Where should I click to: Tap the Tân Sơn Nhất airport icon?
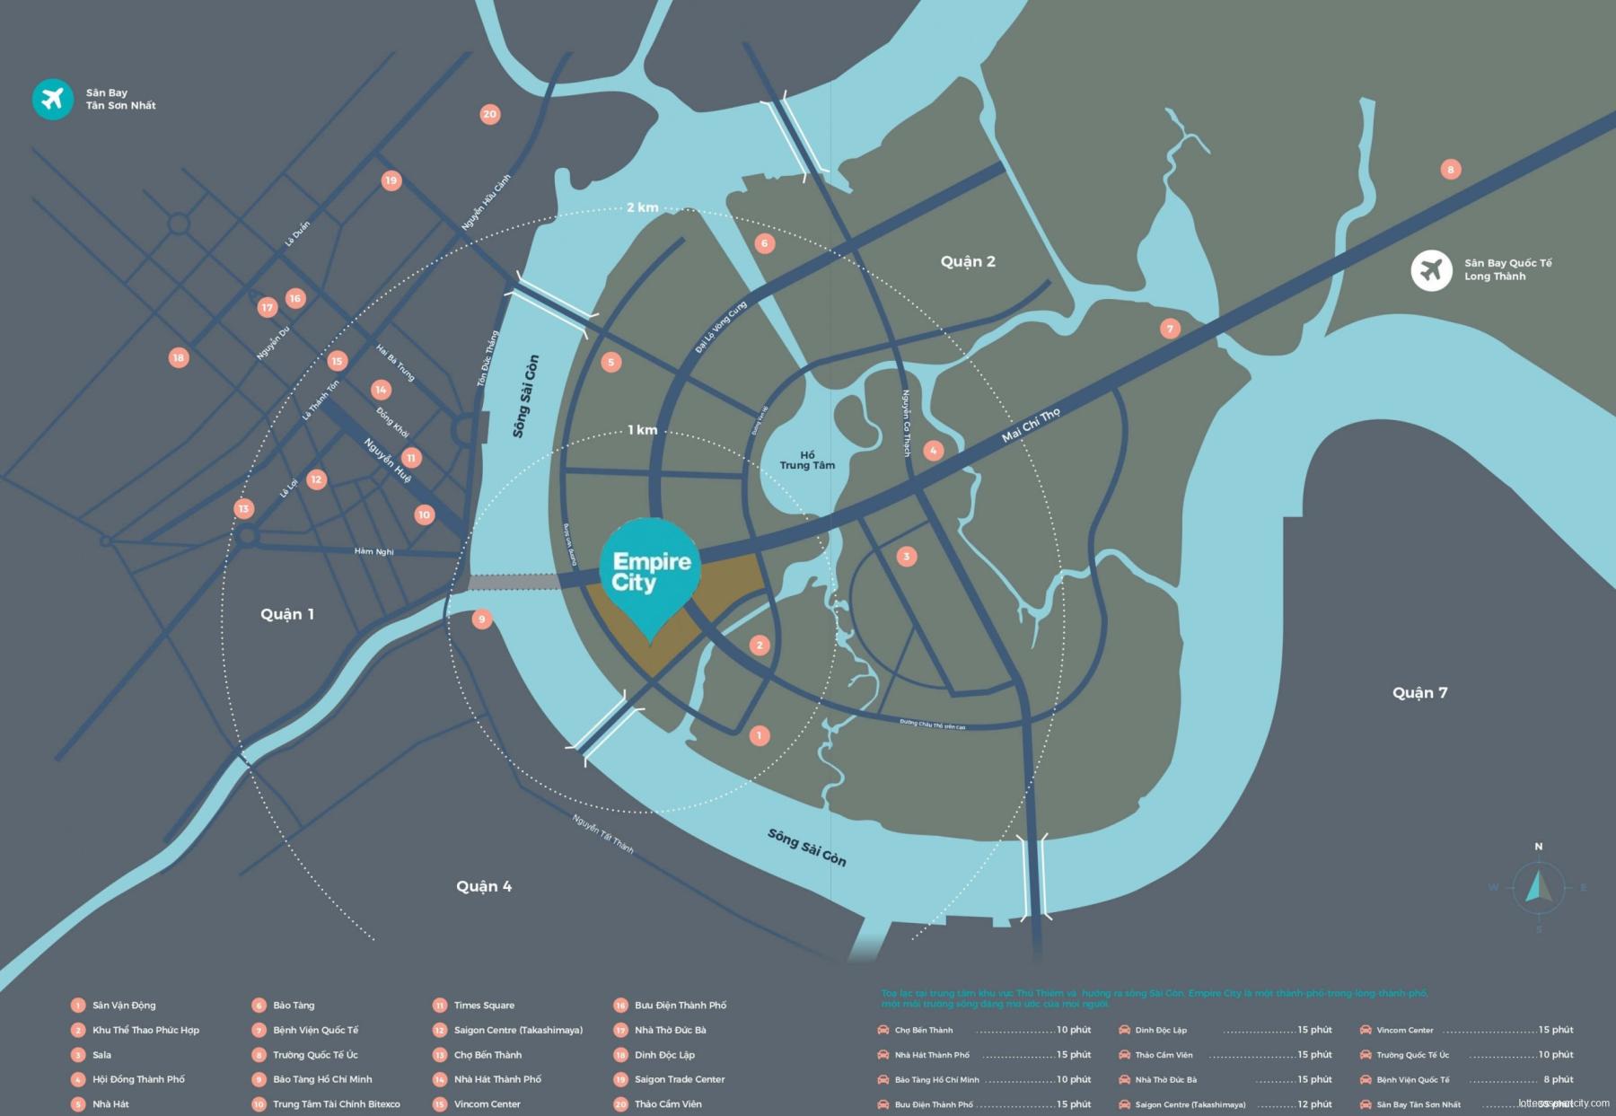[53, 99]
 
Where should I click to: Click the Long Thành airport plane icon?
[1431, 269]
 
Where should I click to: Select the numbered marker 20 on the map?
[489, 114]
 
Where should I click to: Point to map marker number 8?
[1450, 169]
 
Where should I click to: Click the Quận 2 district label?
[968, 261]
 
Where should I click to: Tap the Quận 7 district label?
[1419, 692]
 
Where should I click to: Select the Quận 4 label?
[483, 886]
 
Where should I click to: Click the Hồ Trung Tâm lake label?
[807, 460]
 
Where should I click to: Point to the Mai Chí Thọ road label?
[1031, 425]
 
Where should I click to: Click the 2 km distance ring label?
[642, 207]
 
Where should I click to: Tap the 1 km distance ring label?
[642, 430]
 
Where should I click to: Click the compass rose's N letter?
[1538, 847]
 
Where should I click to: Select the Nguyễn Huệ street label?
[388, 460]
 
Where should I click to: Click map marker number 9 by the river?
[482, 619]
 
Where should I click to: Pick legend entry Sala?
[101, 1055]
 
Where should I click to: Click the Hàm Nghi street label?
[373, 551]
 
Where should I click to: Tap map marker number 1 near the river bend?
[759, 735]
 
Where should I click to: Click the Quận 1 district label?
[287, 614]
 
